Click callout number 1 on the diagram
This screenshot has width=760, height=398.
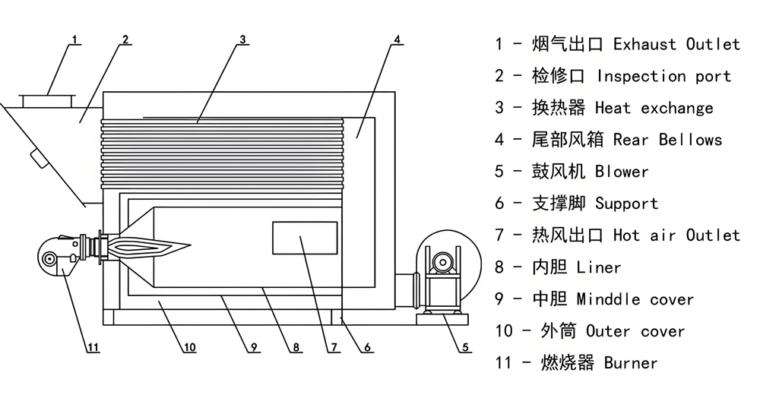click(74, 37)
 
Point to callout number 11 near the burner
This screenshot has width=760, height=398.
click(93, 349)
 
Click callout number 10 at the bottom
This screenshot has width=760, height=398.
click(189, 349)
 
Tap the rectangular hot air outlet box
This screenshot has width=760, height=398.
click(304, 238)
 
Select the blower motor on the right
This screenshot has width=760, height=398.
click(441, 262)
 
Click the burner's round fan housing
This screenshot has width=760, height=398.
click(52, 258)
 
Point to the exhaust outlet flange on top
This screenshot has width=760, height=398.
click(46, 99)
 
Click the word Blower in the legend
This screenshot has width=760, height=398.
click(622, 172)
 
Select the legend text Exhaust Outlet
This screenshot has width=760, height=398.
click(676, 44)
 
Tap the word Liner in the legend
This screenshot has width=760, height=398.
click(599, 267)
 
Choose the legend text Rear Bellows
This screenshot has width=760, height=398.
click(667, 140)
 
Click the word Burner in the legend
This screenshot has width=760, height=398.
click(631, 363)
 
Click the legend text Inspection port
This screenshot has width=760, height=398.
click(663, 76)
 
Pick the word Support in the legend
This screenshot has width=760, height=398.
click(626, 204)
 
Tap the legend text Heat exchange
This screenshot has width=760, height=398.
click(654, 108)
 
